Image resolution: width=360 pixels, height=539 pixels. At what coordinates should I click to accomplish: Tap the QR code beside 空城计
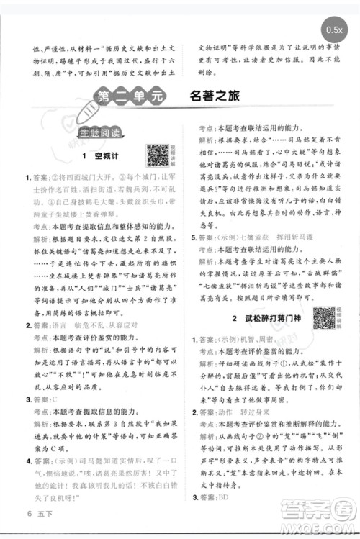point(158,155)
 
